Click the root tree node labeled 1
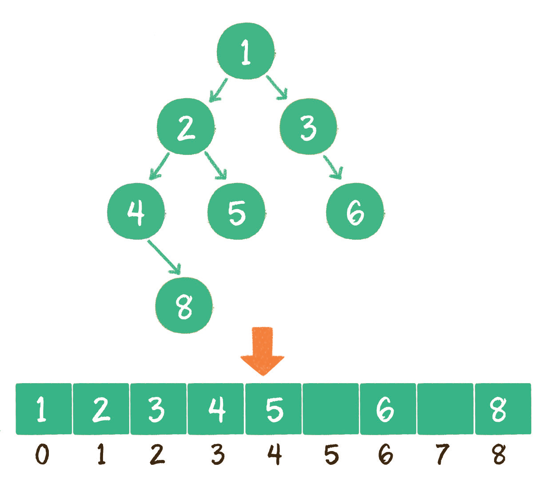point(246,51)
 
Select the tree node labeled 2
point(186,127)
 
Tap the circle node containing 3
point(308,127)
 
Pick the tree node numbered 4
point(136,211)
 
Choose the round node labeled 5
point(236,211)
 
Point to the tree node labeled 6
point(355,211)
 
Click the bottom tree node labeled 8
point(184,305)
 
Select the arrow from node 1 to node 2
point(218,90)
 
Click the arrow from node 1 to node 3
point(276,87)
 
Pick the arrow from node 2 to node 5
point(216,166)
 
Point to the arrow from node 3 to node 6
point(334,167)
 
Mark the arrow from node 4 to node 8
point(164,257)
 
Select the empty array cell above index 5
point(331,408)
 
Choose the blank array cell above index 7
point(445,408)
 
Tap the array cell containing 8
point(503,408)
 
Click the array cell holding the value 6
point(388,408)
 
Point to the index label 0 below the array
point(42,455)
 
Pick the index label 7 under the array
point(442,455)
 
